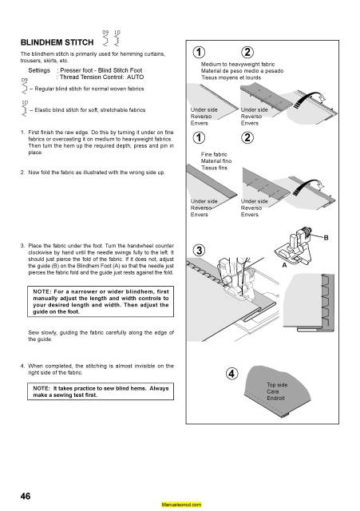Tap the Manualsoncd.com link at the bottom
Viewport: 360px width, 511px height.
(x=180, y=505)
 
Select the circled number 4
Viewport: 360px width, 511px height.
(x=231, y=375)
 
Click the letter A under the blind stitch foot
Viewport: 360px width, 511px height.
(x=285, y=267)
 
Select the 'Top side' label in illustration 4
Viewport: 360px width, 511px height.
(x=276, y=384)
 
